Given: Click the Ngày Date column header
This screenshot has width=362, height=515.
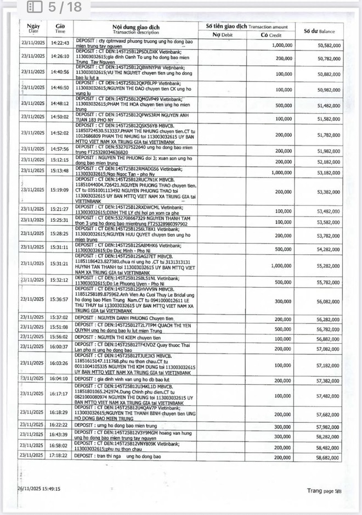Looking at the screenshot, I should pyautogui.click(x=33, y=29).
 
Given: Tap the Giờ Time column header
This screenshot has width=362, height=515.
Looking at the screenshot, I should pyautogui.click(x=60, y=29).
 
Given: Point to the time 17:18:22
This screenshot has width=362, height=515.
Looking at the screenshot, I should pyautogui.click(x=60, y=456).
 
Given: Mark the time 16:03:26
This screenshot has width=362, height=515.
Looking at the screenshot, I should pyautogui.click(x=60, y=363).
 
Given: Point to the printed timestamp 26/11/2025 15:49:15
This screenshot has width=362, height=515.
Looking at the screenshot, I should pyautogui.click(x=38, y=488).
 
